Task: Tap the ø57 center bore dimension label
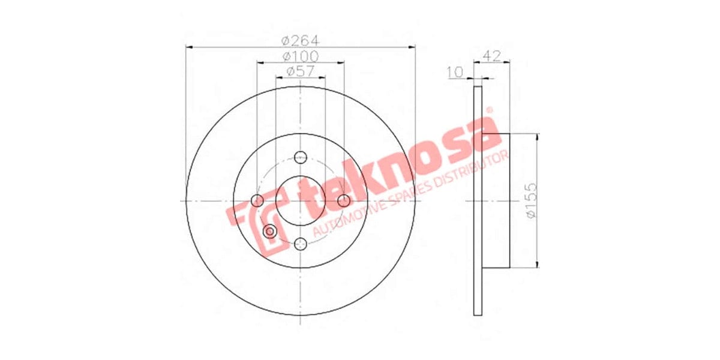point(300,71)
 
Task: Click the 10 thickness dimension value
point(456,73)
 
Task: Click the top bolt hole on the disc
point(301,157)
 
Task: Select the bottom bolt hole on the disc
point(301,244)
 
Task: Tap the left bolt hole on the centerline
point(257,200)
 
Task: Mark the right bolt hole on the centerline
point(344,200)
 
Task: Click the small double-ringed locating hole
point(270,231)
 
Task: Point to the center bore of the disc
point(301,200)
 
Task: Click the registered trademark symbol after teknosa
point(488,110)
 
